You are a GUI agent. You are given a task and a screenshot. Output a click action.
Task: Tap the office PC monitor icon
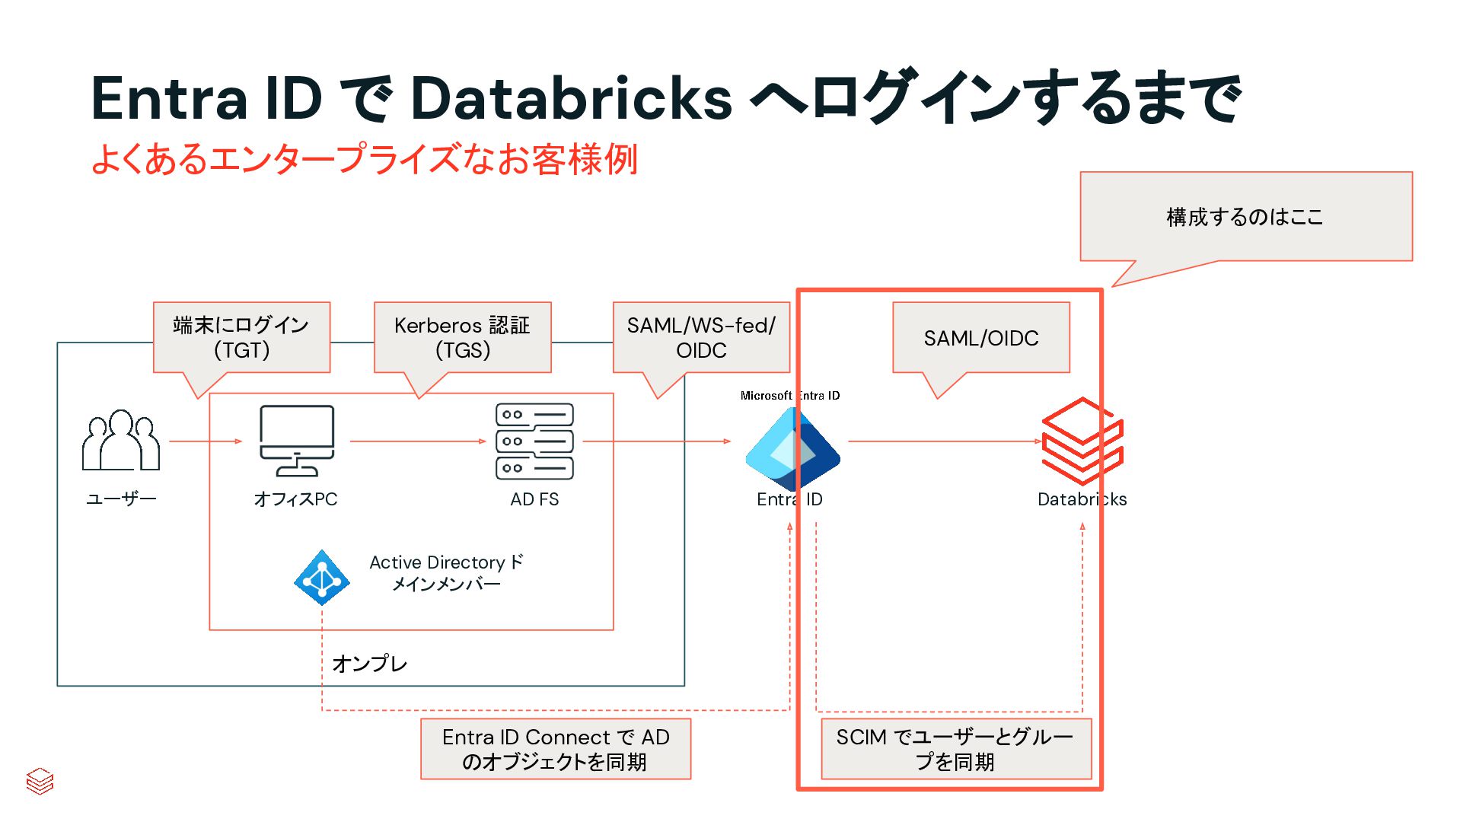point(297,440)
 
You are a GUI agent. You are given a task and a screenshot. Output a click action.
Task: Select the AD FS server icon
point(534,441)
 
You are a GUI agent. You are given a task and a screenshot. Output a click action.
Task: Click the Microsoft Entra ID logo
point(792,448)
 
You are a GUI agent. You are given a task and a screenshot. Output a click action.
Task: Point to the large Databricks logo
point(1082,441)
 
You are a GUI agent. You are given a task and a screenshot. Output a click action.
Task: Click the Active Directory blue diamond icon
point(322,578)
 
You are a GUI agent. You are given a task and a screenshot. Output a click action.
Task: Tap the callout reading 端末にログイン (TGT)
point(241,337)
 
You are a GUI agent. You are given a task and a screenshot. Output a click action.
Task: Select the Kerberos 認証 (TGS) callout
point(462,337)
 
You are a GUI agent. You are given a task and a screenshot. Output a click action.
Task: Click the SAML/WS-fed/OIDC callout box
point(701,337)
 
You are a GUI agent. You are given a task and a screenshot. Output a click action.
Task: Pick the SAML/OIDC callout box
point(980,337)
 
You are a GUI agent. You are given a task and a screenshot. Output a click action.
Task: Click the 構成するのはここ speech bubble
point(1245,217)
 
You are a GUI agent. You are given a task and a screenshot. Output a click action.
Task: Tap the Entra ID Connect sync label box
point(556,749)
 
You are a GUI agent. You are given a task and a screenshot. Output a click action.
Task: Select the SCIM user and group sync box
point(955,749)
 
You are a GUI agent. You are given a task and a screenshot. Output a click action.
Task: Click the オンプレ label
point(370,664)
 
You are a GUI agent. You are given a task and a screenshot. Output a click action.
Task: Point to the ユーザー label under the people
point(121,499)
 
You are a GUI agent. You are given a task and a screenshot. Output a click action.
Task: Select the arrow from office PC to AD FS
point(417,441)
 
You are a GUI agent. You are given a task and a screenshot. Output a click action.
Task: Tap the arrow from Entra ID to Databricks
point(944,441)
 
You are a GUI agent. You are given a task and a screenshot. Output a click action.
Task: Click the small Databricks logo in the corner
point(40,781)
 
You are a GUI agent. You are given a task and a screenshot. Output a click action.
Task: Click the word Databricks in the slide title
point(571,99)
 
